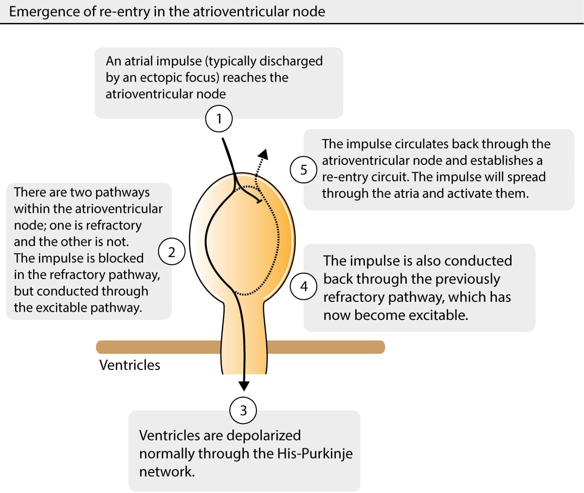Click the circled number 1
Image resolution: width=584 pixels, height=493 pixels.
[x=219, y=119]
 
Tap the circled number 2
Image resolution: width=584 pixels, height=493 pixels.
[x=171, y=252]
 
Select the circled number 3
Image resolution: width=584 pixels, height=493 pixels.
[x=243, y=410]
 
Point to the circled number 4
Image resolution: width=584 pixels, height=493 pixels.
[x=304, y=286]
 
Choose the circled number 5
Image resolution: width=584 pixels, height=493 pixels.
[x=304, y=170]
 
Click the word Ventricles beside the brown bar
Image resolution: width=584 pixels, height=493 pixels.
[x=129, y=365]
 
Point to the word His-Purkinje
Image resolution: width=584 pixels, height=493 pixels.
[x=315, y=453]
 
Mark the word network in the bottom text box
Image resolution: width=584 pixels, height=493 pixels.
[x=166, y=472]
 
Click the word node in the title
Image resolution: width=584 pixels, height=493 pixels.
[x=310, y=11]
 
